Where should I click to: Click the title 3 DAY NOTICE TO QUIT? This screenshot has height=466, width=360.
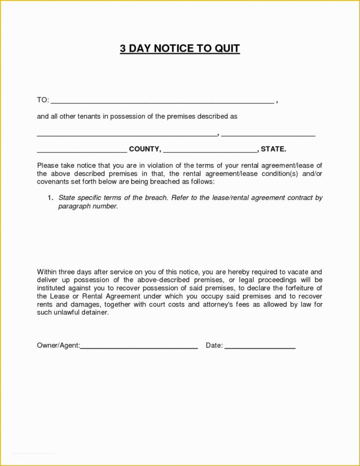pyautogui.click(x=180, y=48)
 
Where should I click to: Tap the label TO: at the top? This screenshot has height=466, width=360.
pyautogui.click(x=43, y=100)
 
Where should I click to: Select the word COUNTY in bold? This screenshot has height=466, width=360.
pyautogui.click(x=145, y=150)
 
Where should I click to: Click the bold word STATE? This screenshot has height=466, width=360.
pyautogui.click(x=273, y=150)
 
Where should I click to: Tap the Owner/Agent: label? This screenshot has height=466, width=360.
pyautogui.click(x=58, y=346)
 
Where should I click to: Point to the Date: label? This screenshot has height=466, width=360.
pyautogui.click(x=214, y=346)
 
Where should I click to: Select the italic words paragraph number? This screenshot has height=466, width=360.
pyautogui.click(x=88, y=206)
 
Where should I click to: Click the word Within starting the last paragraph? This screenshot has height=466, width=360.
pyautogui.click(x=47, y=271)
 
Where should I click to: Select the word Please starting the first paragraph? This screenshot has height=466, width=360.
pyautogui.click(x=48, y=165)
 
